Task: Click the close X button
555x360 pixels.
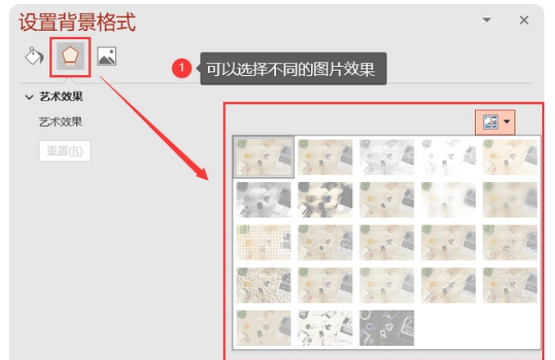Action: [524, 20]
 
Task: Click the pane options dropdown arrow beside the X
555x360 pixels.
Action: [486, 20]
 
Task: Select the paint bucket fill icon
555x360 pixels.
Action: [34, 56]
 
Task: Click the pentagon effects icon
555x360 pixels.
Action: [70, 56]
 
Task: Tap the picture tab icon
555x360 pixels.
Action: [107, 56]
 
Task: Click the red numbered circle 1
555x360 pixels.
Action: [181, 69]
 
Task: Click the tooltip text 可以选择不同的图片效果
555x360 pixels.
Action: [291, 69]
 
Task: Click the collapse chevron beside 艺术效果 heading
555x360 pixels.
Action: [29, 97]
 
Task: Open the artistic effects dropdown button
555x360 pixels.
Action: [495, 122]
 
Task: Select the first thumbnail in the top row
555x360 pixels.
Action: [264, 157]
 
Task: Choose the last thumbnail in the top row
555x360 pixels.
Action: [509, 157]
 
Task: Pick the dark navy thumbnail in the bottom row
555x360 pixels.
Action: [387, 328]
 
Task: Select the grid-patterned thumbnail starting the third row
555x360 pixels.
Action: [264, 242]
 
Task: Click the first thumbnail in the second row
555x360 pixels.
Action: [264, 200]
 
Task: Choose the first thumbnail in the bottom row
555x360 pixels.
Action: [264, 328]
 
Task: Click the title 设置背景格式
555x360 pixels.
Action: [78, 22]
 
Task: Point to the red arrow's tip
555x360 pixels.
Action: [208, 180]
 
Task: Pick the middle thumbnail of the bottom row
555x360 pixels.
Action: [325, 328]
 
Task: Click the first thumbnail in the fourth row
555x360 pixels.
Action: [264, 286]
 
